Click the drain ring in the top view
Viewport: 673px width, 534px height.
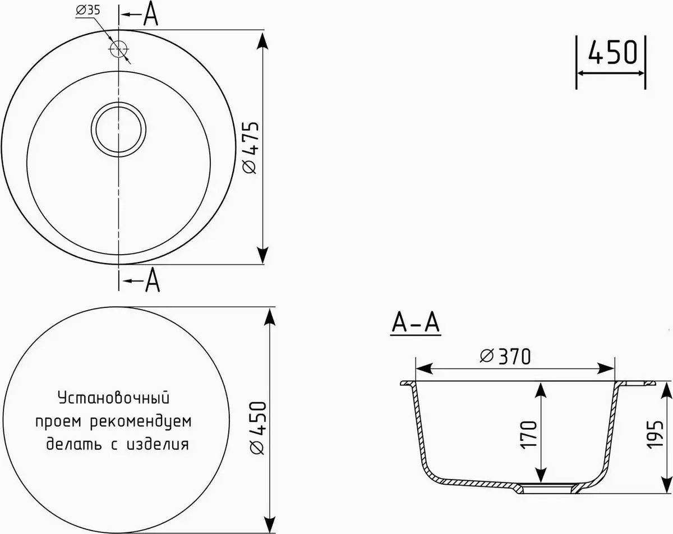[119, 128]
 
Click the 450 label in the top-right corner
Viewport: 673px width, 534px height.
[612, 53]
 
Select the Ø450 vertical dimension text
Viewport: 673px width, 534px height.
[256, 427]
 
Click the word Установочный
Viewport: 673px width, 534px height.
[113, 398]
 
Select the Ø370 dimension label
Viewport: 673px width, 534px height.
[505, 356]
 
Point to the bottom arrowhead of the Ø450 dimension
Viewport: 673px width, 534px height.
[270, 522]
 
